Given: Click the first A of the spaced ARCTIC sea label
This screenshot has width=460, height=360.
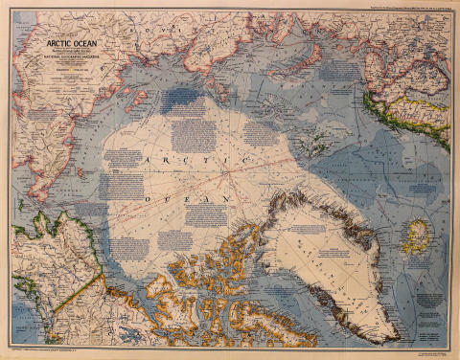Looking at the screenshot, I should click(x=148, y=164).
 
